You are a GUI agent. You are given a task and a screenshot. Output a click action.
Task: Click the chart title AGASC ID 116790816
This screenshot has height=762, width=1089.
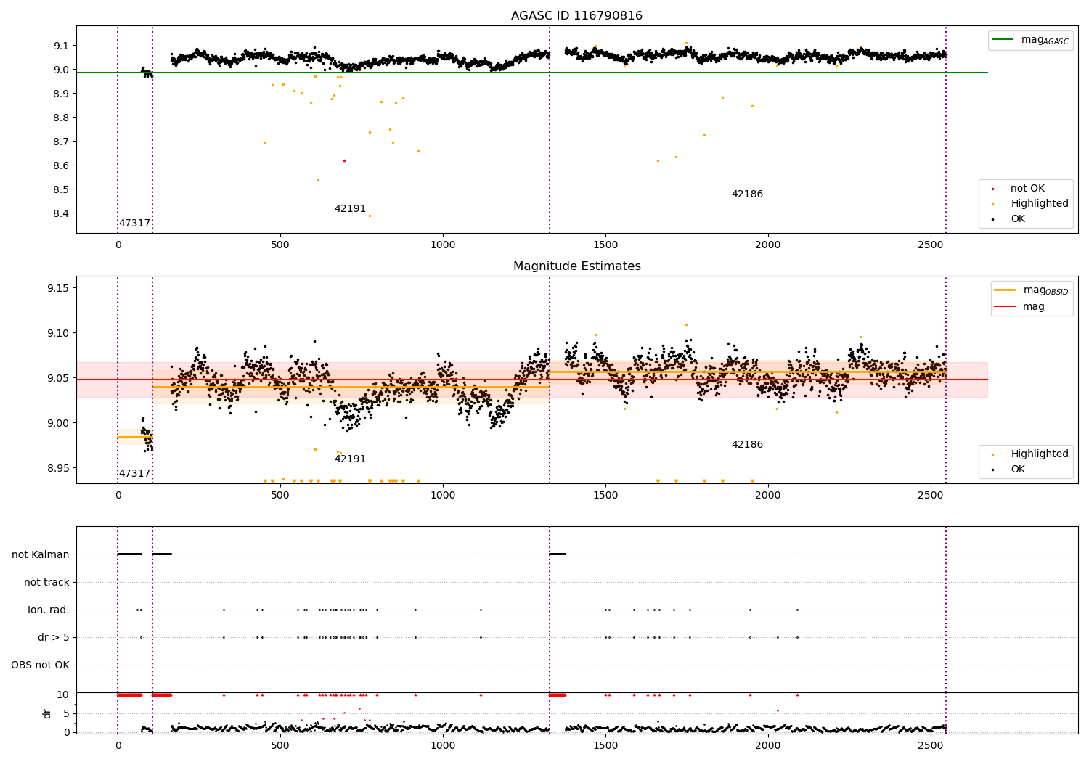tap(576, 16)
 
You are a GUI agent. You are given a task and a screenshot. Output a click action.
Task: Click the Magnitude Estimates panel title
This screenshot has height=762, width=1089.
tap(576, 266)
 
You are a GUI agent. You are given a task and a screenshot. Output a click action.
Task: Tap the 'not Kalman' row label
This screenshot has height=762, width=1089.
tap(41, 554)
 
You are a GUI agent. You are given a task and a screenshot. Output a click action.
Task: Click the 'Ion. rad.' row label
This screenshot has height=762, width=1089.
tap(48, 610)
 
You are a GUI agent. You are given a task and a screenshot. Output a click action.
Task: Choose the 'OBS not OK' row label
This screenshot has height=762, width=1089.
tap(40, 665)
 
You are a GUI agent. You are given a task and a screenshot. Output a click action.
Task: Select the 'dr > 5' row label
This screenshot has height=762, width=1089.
tap(53, 637)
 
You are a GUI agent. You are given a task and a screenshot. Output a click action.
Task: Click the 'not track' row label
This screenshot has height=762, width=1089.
tap(46, 582)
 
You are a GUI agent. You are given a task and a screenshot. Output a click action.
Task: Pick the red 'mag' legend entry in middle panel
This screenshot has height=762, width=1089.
tap(1033, 306)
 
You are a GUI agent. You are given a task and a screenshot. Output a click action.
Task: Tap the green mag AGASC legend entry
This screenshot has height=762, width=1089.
tap(1044, 40)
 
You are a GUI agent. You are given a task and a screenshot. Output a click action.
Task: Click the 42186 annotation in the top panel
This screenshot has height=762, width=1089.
tap(747, 194)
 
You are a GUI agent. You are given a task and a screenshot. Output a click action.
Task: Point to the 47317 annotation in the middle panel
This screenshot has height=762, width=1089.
tap(134, 474)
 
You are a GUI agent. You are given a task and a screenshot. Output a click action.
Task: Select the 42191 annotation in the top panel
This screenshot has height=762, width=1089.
tap(350, 209)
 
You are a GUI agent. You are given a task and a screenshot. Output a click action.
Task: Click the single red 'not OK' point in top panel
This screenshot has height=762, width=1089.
tap(344, 160)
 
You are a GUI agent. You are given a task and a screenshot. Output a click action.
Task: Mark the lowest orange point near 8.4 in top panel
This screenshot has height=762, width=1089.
tap(370, 216)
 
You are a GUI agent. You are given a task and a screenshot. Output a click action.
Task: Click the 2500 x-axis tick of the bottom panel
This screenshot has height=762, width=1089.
tap(930, 745)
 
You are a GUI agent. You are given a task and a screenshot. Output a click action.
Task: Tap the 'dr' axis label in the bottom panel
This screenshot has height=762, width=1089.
tap(47, 713)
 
